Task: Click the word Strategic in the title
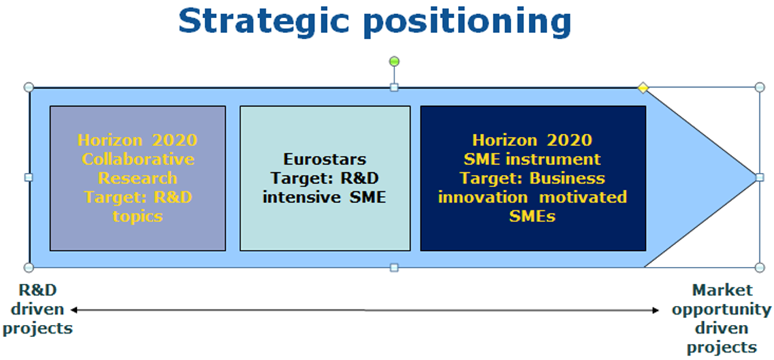click(271, 22)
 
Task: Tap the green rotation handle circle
click(394, 61)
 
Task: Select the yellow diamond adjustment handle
click(642, 88)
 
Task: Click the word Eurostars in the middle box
click(325, 159)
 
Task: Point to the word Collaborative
click(138, 159)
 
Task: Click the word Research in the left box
click(137, 178)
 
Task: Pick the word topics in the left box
click(137, 217)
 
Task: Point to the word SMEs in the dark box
click(533, 217)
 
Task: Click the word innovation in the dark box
click(483, 197)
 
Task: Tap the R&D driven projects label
click(38, 309)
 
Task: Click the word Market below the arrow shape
click(723, 290)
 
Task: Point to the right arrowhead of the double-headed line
click(656, 310)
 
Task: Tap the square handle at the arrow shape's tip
click(760, 177)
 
